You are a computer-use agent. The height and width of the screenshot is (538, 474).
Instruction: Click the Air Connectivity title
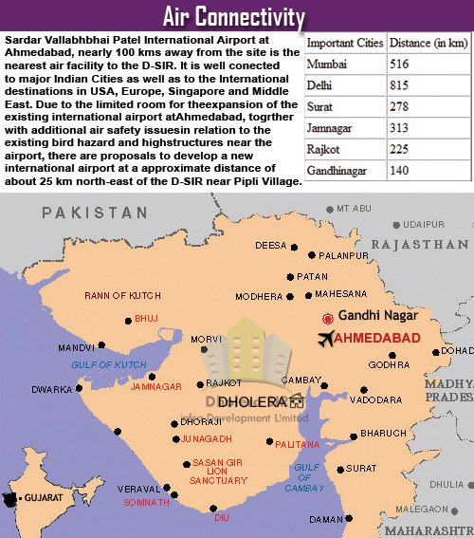point(234,16)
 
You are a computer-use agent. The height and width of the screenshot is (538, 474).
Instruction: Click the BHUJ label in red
point(147,319)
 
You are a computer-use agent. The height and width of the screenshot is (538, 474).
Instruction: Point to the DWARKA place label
point(51,389)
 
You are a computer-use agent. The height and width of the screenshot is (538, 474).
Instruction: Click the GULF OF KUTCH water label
point(110,364)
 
